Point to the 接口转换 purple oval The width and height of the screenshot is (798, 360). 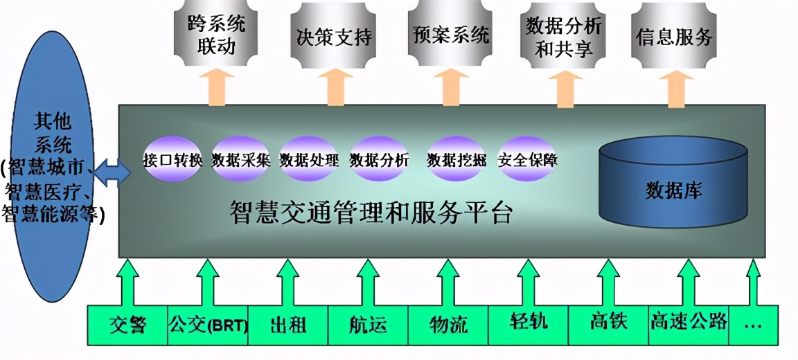click(x=172, y=160)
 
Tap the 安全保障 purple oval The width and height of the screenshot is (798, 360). click(x=528, y=160)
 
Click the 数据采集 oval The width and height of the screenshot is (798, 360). click(x=240, y=160)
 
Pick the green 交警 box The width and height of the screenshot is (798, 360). click(x=127, y=324)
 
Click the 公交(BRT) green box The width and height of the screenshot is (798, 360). click(x=208, y=324)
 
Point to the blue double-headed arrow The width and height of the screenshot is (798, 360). click(x=109, y=172)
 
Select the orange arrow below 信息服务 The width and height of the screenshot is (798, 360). click(x=676, y=88)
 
